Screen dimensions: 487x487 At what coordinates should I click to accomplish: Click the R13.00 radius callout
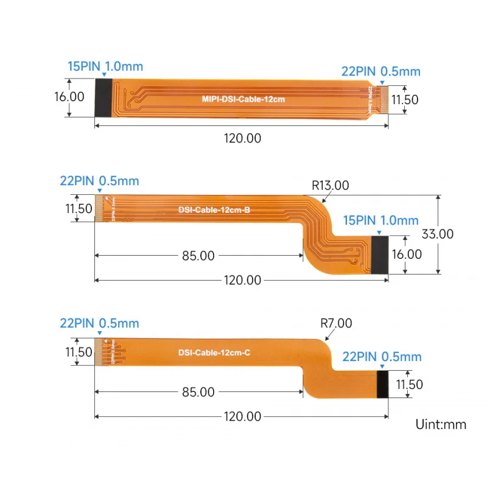click(x=330, y=186)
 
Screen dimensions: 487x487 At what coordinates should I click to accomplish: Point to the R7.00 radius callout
click(x=335, y=324)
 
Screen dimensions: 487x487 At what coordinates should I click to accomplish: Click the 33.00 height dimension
click(x=437, y=234)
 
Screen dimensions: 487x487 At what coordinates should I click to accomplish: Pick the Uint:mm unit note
click(x=441, y=424)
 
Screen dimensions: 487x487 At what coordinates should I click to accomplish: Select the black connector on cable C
click(x=383, y=384)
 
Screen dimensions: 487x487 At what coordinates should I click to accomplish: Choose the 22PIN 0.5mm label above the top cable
click(x=381, y=71)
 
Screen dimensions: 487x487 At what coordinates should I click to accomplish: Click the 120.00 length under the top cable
click(x=242, y=138)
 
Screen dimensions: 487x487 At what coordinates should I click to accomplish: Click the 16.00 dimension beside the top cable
click(x=69, y=96)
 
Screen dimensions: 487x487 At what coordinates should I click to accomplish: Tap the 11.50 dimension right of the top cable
click(x=405, y=99)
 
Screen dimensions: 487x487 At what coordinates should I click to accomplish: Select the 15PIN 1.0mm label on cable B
click(x=380, y=220)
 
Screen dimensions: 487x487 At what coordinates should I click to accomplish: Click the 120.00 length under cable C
click(x=242, y=416)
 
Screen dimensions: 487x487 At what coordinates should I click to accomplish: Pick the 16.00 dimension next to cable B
click(x=407, y=254)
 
